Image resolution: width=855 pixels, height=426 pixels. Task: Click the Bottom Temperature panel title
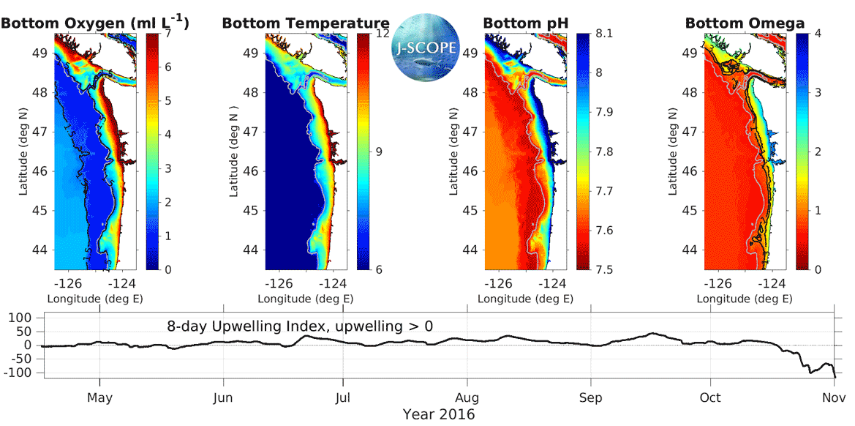(306, 23)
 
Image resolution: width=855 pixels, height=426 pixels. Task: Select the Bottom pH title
(525, 23)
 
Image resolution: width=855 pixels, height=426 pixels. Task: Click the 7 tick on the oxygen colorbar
(169, 34)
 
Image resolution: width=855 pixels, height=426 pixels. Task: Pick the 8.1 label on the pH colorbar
(603, 34)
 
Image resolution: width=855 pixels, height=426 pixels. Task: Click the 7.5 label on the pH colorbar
(603, 269)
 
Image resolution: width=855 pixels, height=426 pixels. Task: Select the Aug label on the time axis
(467, 398)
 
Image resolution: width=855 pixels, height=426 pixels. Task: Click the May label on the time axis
(100, 398)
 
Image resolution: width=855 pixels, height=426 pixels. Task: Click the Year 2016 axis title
(438, 415)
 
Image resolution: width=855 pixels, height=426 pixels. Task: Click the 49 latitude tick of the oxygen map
(39, 53)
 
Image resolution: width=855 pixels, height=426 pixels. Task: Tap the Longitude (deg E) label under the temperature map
(306, 299)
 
